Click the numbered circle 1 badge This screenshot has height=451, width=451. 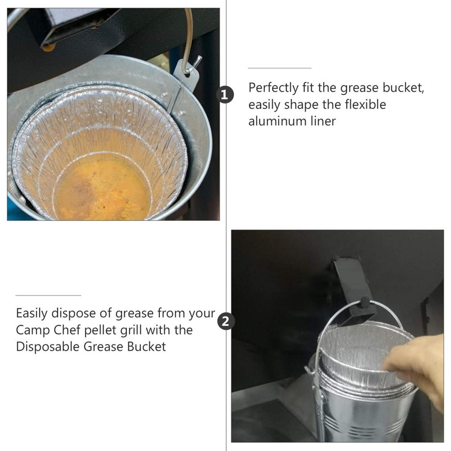point(226,95)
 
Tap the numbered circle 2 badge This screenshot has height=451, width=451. point(226,322)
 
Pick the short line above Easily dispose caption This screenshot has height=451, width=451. point(48,295)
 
